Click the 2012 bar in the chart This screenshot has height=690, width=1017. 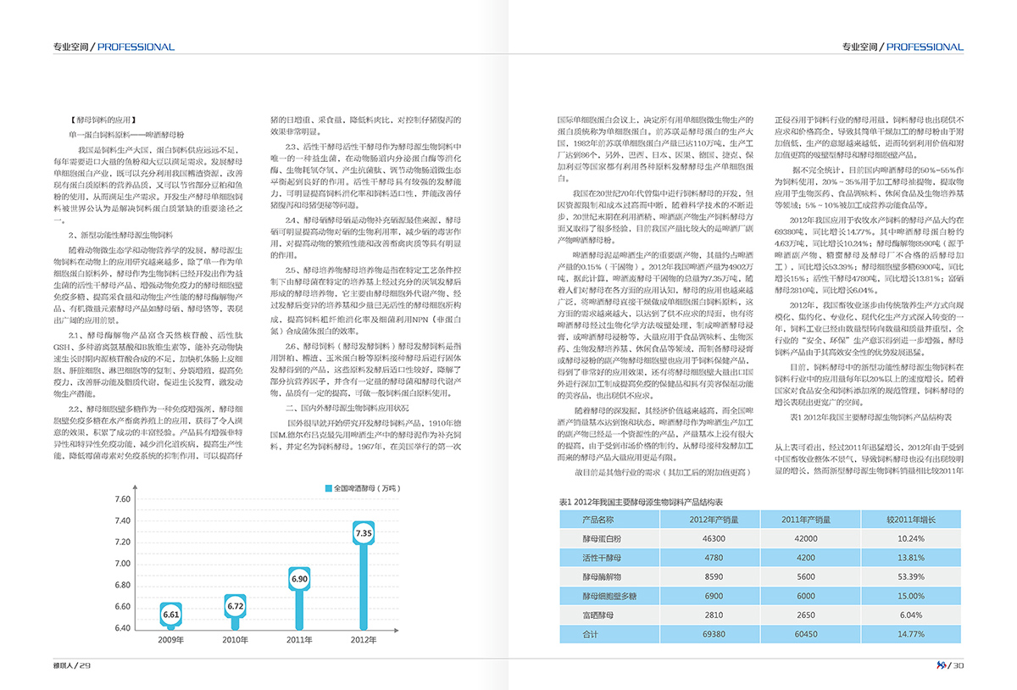(x=364, y=585)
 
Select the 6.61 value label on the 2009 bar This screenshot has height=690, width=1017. (x=172, y=614)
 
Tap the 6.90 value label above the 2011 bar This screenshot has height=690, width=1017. (x=299, y=579)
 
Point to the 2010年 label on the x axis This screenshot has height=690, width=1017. (x=236, y=640)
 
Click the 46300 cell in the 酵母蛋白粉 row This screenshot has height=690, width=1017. (x=714, y=538)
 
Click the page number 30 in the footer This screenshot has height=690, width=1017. (x=959, y=665)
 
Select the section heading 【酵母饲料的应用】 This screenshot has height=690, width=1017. (x=103, y=120)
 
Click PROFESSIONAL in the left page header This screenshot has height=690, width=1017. (x=136, y=47)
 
